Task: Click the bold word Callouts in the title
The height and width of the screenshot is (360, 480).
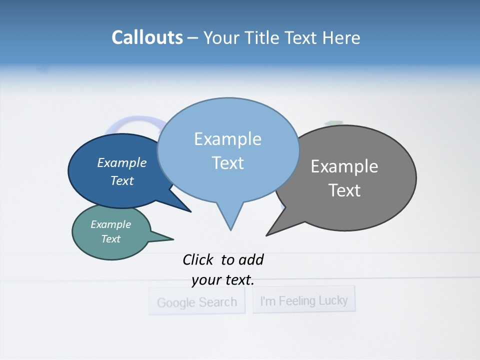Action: coord(147,37)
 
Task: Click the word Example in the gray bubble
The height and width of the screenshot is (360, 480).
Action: coord(344,166)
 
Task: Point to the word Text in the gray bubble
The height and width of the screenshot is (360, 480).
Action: coord(344,190)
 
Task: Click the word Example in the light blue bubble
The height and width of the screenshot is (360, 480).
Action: coord(227,139)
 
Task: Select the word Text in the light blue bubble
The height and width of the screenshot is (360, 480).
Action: coord(227,163)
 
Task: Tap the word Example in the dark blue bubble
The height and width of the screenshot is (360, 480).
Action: coord(122,163)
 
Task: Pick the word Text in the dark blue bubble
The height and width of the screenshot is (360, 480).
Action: coord(122,180)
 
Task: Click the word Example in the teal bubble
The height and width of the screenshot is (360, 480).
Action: coord(110,224)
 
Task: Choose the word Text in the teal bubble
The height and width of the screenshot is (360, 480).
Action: coord(110,239)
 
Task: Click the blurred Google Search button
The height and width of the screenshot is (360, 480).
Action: coord(196,302)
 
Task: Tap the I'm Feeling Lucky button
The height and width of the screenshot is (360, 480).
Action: coord(303,300)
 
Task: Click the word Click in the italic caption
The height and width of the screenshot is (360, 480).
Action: coord(197,260)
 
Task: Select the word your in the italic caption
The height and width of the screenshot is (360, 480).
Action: coord(206,280)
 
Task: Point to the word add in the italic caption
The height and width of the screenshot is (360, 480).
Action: coord(251,260)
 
